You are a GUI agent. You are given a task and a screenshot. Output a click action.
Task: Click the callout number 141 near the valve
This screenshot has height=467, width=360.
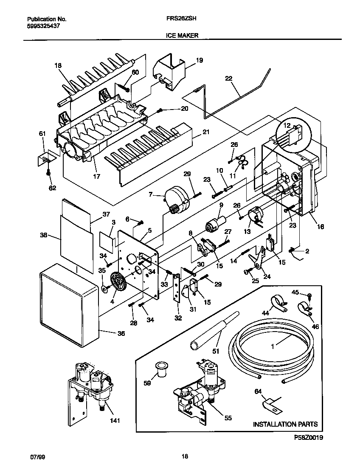(115, 421)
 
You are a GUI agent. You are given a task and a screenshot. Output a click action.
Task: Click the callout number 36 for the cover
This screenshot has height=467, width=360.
(121, 334)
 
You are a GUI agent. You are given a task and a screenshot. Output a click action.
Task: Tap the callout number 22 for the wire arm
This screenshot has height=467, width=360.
(229, 79)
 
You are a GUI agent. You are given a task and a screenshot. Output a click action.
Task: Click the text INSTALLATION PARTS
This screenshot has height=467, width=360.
(285, 424)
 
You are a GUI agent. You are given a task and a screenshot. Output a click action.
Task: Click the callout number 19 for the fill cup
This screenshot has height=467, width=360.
(200, 61)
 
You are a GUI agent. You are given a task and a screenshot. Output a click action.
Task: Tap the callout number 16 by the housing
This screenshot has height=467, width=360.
(320, 227)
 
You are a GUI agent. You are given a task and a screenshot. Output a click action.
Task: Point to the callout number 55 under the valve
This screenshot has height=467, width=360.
(228, 418)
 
